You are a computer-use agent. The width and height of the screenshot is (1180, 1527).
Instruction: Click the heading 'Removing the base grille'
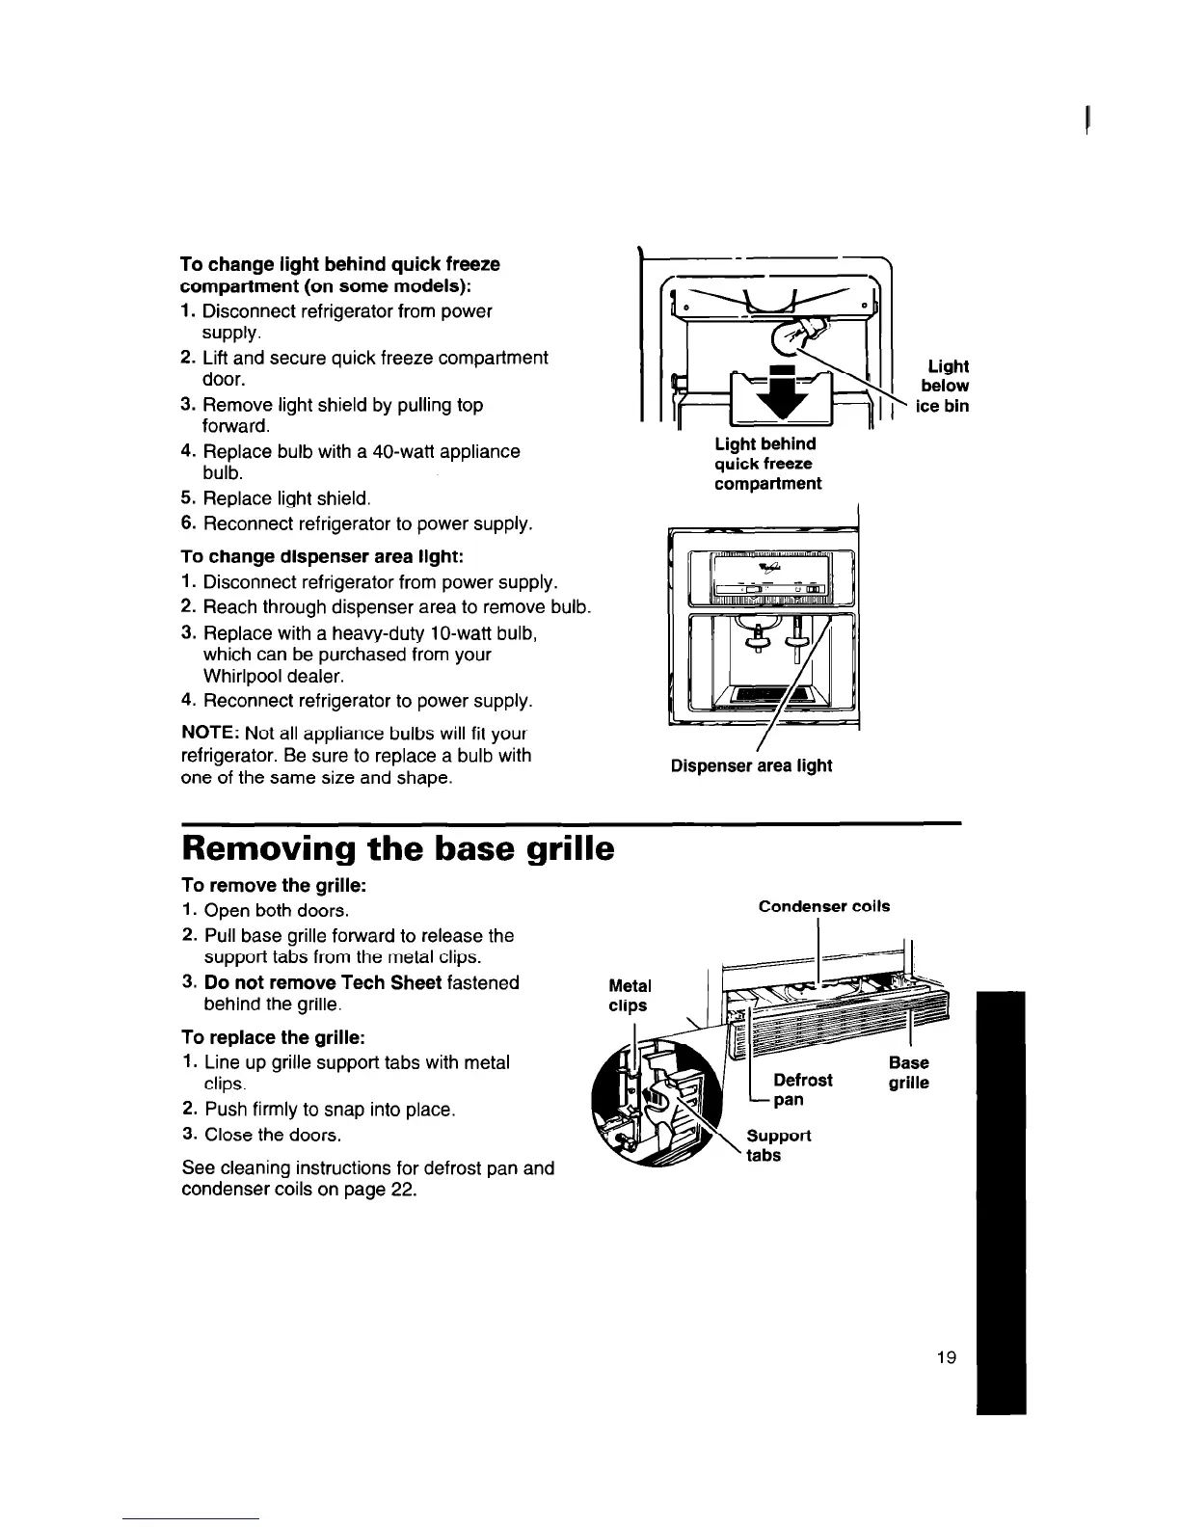pyautogui.click(x=397, y=849)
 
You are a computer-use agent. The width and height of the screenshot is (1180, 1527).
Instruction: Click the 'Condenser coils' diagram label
pyautogui.click(x=824, y=906)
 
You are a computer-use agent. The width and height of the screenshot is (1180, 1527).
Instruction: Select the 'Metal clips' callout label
pyautogui.click(x=630, y=996)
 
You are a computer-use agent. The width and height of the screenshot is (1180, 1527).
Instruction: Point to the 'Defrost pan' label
pyautogui.click(x=802, y=1089)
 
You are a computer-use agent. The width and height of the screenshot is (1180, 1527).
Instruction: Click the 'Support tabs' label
pyautogui.click(x=777, y=1145)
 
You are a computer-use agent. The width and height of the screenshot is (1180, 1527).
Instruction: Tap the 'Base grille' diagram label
pyautogui.click(x=908, y=1073)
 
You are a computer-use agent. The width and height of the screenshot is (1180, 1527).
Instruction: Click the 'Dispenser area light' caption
pyautogui.click(x=751, y=766)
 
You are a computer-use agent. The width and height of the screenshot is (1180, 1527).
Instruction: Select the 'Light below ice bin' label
pyautogui.click(x=947, y=386)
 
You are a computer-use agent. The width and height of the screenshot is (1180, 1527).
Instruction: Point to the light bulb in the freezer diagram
pyautogui.click(x=805, y=334)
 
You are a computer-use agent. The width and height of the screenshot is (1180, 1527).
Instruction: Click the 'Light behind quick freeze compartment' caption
pyautogui.click(x=766, y=464)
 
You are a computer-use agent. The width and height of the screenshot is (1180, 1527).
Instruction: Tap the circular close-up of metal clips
pyautogui.click(x=662, y=1106)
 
